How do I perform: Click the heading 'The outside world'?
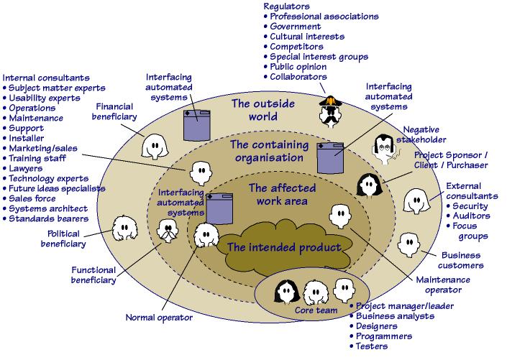(262, 110)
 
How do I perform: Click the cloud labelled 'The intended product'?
(283, 248)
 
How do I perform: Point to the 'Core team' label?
(311, 310)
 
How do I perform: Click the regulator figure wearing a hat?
(329, 110)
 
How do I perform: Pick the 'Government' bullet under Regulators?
(295, 27)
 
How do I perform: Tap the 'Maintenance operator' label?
(443, 285)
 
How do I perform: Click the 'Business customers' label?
(462, 260)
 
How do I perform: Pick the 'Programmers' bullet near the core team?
(384, 336)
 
